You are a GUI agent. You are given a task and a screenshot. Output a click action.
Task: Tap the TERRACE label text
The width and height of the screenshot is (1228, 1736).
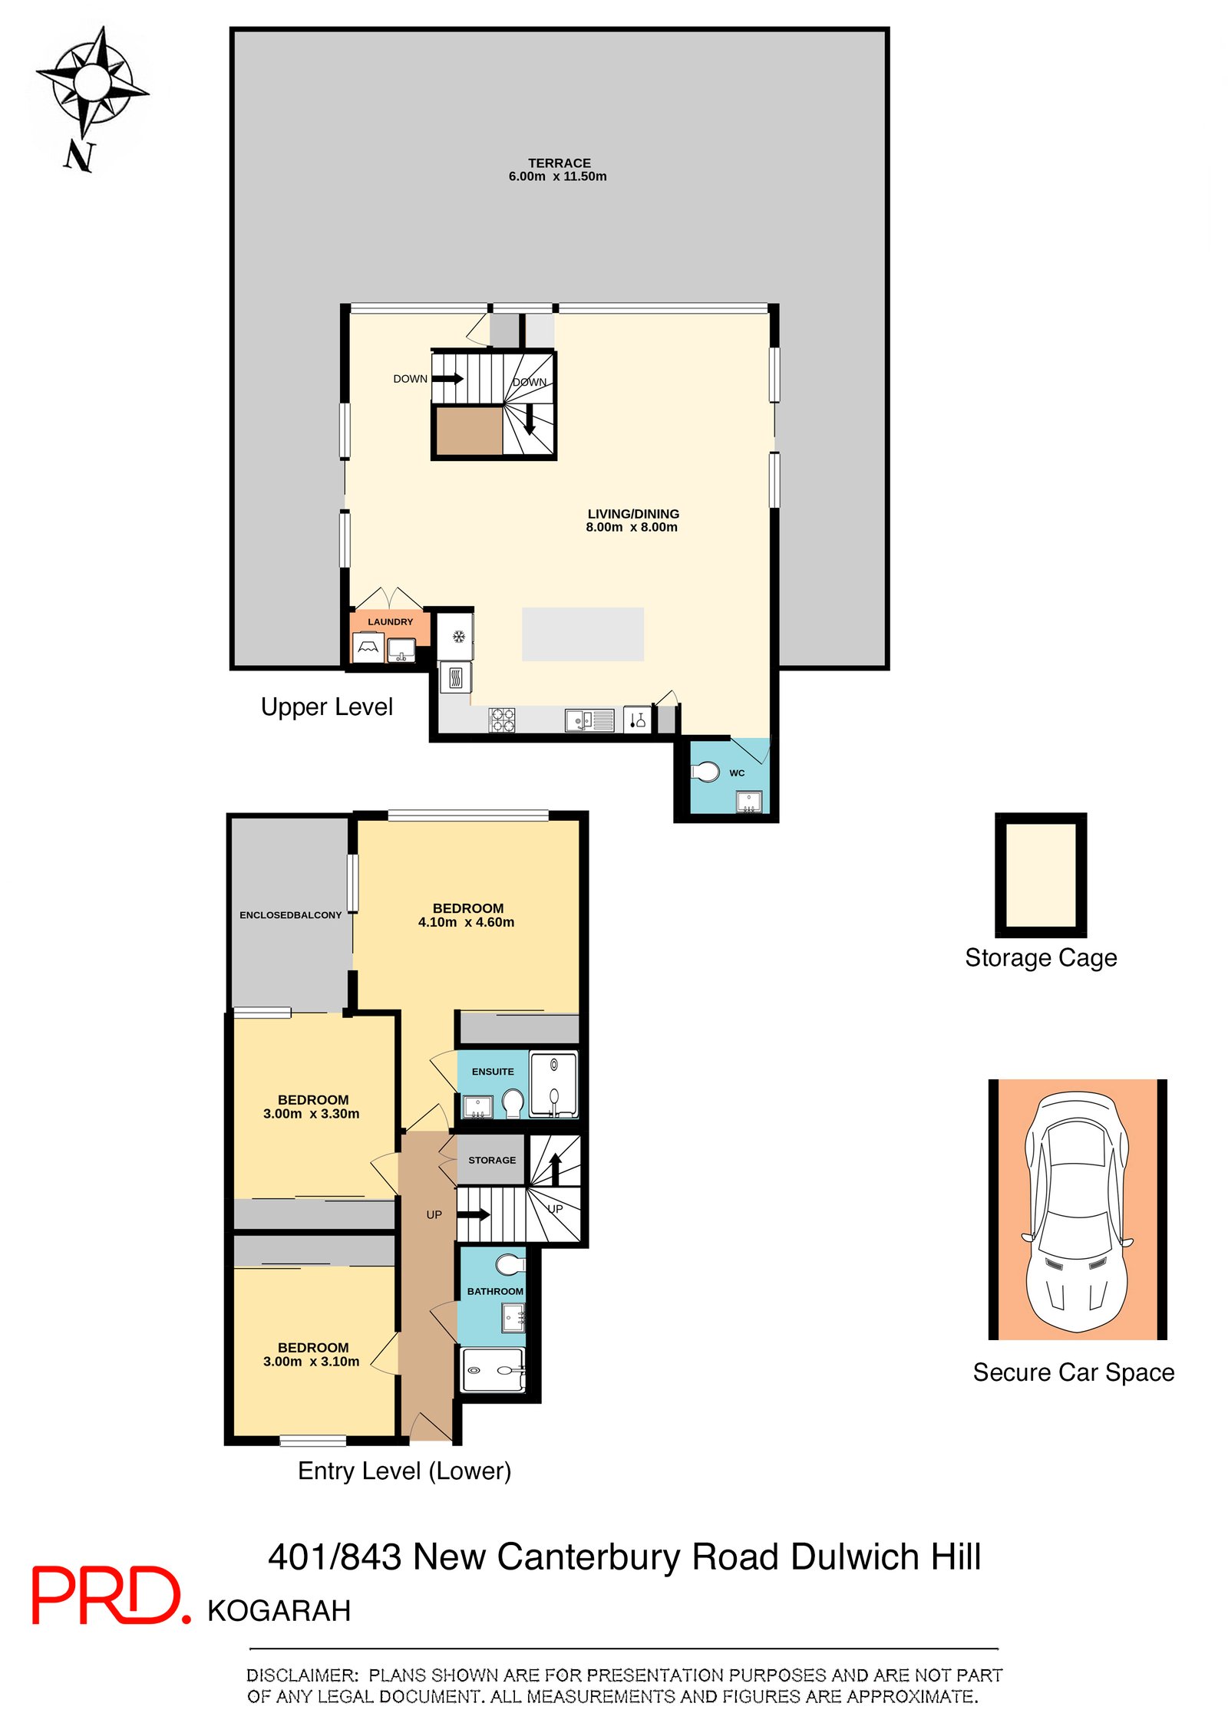click(x=558, y=163)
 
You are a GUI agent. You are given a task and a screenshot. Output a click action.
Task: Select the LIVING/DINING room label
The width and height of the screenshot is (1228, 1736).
click(x=632, y=513)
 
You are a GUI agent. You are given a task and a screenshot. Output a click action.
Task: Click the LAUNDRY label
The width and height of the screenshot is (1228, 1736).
click(x=390, y=621)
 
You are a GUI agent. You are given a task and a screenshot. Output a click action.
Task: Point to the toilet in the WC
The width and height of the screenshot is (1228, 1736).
click(x=705, y=771)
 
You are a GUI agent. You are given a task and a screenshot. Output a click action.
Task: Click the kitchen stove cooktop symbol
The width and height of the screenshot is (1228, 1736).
click(x=502, y=719)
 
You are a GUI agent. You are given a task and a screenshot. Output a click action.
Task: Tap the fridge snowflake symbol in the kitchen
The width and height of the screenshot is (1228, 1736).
click(x=458, y=636)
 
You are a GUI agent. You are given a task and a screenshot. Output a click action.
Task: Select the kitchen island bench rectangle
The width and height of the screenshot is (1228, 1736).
click(x=583, y=634)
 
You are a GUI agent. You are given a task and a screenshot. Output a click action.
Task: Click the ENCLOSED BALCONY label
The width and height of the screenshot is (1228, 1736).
click(x=290, y=914)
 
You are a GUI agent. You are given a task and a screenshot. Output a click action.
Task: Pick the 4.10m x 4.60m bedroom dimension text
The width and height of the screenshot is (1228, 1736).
click(x=466, y=921)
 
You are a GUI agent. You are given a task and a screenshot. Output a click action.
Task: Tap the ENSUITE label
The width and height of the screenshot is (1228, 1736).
click(x=492, y=1071)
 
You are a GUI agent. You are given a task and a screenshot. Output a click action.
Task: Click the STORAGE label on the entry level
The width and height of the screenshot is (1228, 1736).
click(x=491, y=1160)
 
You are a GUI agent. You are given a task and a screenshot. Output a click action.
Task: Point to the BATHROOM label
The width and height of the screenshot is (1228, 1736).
click(x=494, y=1291)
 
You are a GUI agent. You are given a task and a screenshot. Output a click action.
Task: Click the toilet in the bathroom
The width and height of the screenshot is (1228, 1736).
click(x=510, y=1263)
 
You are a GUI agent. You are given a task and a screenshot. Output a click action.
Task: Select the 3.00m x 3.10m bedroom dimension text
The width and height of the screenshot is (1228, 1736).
click(x=311, y=1361)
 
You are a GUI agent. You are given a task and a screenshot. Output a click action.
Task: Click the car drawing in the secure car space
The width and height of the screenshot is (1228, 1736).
click(x=1076, y=1211)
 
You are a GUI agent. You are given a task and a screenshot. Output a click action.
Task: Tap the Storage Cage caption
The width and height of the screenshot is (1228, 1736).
click(x=1040, y=957)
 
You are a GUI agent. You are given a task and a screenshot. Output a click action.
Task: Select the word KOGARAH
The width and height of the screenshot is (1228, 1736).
click(x=279, y=1610)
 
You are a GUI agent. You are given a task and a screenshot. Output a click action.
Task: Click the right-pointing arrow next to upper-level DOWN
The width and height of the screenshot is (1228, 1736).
click(x=448, y=378)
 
